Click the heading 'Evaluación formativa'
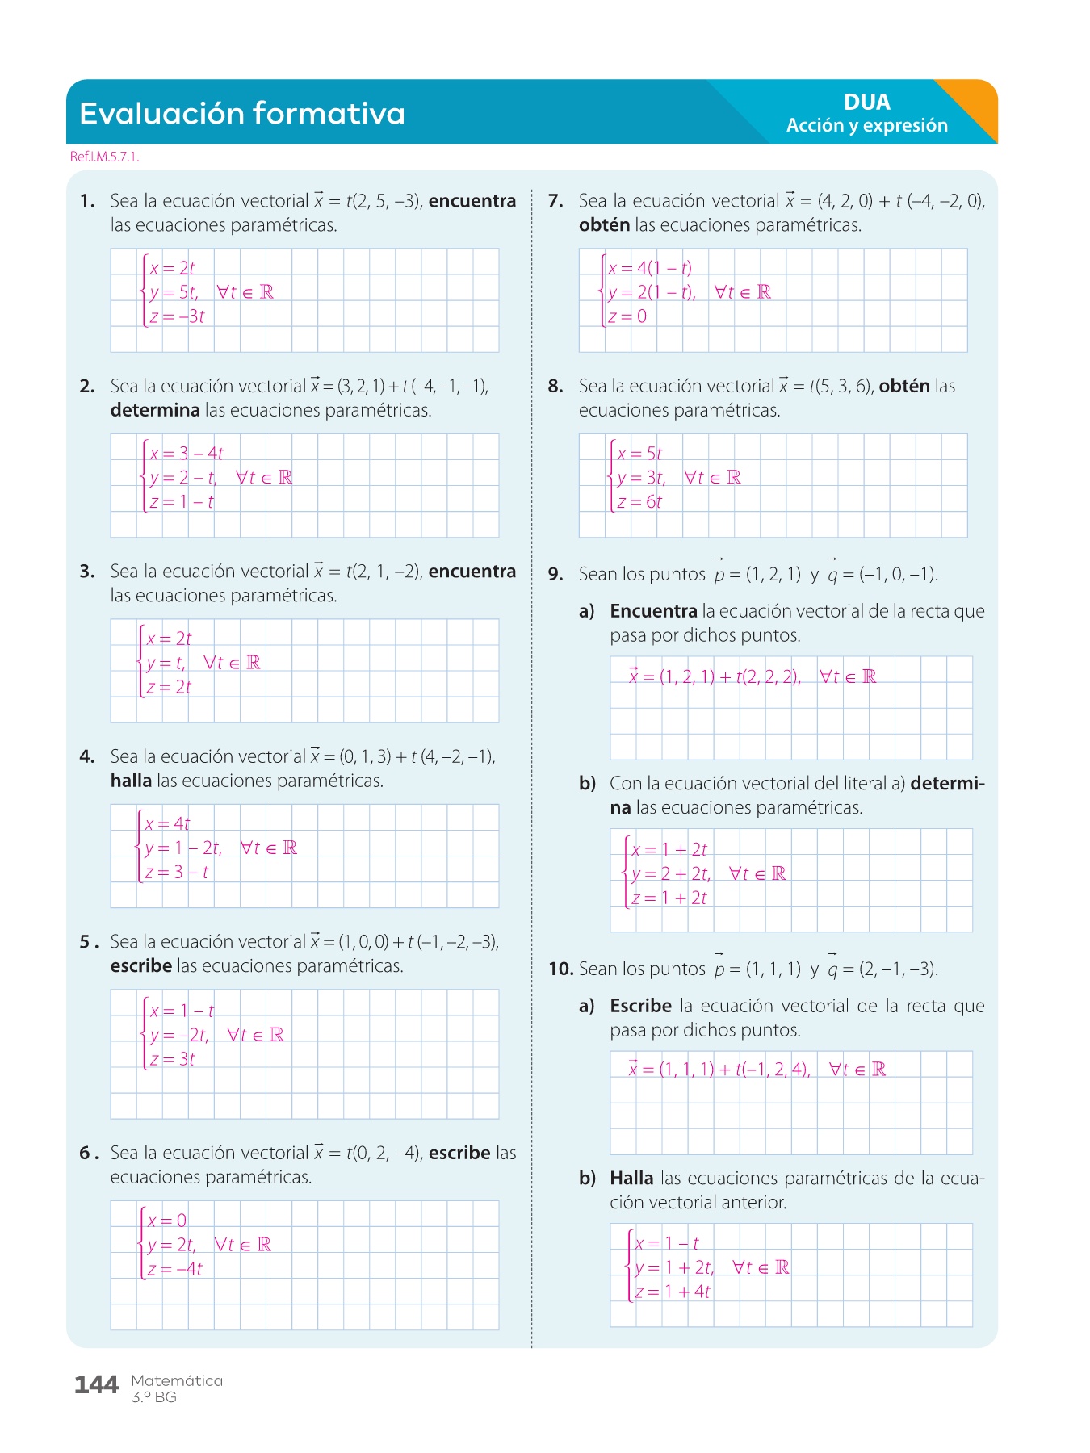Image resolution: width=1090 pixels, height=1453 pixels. [x=241, y=114]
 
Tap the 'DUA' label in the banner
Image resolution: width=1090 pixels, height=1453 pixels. [x=866, y=103]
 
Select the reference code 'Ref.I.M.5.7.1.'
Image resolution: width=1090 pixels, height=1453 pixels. [x=105, y=157]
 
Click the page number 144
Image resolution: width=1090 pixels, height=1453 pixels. [x=96, y=1385]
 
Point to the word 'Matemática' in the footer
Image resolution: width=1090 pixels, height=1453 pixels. [x=177, y=1380]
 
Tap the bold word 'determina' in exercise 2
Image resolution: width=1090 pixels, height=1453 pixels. [x=155, y=410]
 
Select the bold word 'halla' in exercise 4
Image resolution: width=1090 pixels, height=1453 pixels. [x=131, y=781]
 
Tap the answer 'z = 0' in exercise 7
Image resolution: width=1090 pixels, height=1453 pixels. [x=627, y=316]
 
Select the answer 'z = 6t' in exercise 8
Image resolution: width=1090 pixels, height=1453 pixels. [x=639, y=502]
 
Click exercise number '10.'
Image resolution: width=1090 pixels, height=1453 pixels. [x=560, y=969]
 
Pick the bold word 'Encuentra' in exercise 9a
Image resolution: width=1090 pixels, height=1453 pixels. [x=653, y=611]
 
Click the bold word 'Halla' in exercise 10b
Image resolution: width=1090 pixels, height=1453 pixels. [x=631, y=1178]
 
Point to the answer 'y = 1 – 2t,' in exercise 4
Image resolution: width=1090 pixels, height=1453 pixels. [x=183, y=848]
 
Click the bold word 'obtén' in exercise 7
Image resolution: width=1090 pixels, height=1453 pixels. [x=604, y=225]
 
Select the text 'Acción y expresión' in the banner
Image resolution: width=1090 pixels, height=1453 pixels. [x=866, y=125]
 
